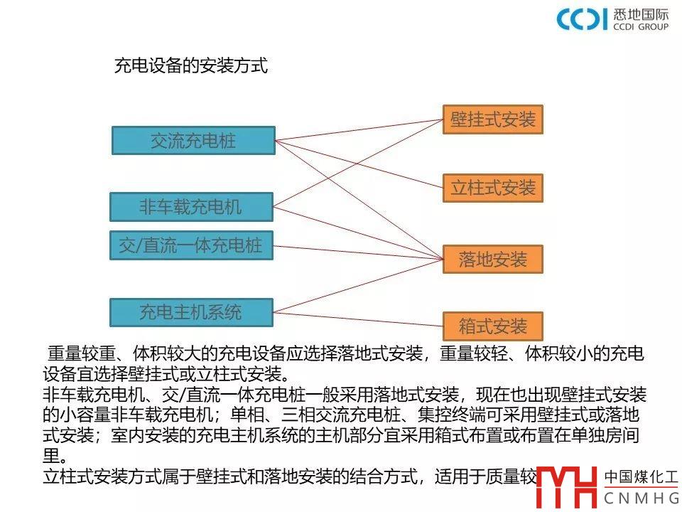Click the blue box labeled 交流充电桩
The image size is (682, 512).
point(193,140)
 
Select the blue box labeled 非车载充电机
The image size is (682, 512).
point(190,207)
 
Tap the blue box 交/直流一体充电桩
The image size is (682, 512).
point(190,246)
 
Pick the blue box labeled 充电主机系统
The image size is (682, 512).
point(190,311)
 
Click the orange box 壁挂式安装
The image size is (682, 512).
point(492,119)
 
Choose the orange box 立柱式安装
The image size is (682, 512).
point(492,188)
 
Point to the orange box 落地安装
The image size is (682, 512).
point(492,260)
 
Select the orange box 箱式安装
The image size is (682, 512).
point(492,326)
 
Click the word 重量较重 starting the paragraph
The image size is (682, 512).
point(77,353)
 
